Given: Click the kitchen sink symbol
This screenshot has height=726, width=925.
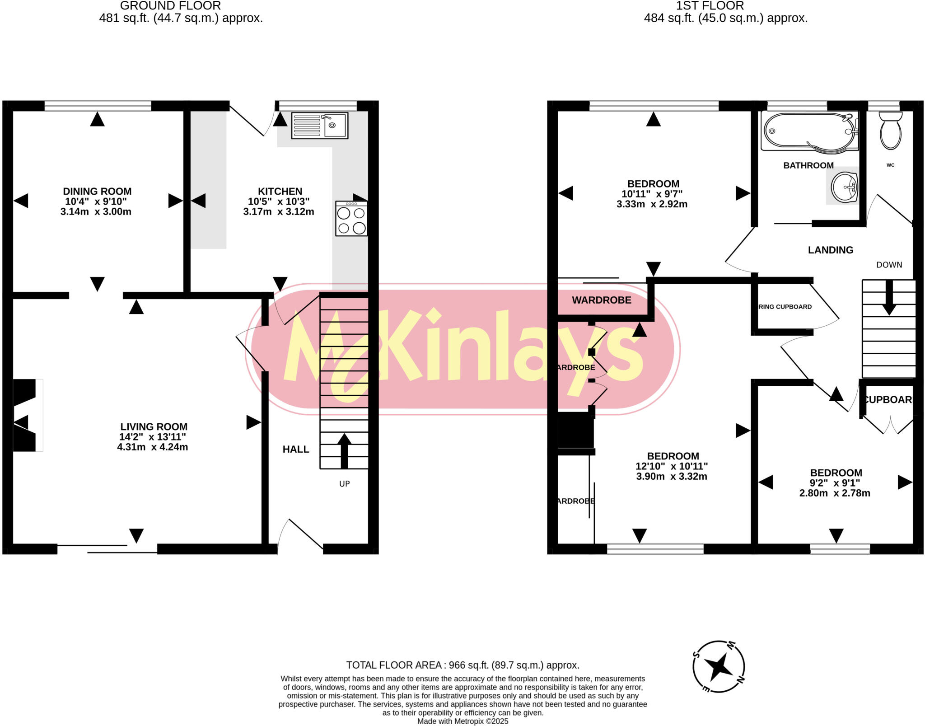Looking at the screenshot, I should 320,125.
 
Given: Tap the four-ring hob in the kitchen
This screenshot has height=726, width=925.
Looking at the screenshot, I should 351,219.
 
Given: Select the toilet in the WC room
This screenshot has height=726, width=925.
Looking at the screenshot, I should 890,131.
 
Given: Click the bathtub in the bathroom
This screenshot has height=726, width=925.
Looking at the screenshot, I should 808,131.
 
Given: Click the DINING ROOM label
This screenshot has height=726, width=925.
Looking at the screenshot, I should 97,192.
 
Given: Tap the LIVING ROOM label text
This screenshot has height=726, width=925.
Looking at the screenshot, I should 154,427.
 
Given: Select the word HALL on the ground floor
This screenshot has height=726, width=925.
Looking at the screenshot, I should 296,450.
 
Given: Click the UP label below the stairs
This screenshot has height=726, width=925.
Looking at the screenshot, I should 344,484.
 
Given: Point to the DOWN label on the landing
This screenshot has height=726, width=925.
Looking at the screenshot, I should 889,265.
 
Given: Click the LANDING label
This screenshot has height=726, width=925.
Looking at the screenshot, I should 830,250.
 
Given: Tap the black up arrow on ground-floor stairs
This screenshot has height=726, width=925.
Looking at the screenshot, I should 344,450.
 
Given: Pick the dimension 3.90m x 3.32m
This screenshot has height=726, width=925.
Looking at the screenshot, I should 671,476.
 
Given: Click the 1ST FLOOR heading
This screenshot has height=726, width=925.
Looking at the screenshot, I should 710,6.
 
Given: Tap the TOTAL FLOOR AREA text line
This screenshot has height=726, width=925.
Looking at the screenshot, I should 462,665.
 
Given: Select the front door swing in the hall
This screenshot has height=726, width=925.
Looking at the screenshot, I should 300,535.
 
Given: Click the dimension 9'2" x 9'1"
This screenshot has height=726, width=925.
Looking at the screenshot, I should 834,483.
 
